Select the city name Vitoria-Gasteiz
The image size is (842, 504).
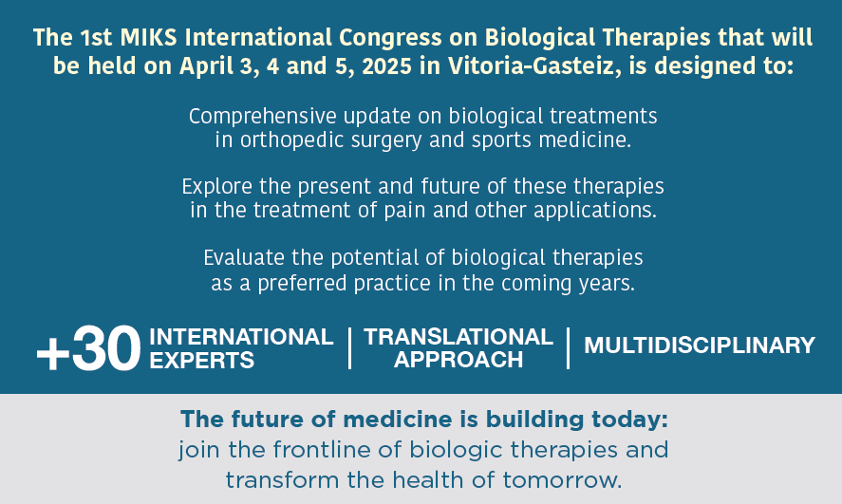click(531, 66)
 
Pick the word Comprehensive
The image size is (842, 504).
click(263, 117)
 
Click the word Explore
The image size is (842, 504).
click(217, 187)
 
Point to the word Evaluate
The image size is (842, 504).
click(244, 258)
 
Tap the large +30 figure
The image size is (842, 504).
click(88, 349)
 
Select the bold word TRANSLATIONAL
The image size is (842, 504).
click(458, 337)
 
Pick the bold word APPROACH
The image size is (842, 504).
click(458, 360)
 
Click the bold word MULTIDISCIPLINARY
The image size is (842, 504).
click(700, 345)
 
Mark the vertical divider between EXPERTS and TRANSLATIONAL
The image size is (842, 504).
click(349, 348)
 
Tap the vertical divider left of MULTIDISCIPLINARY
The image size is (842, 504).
click(568, 348)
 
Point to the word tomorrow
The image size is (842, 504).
click(562, 480)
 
